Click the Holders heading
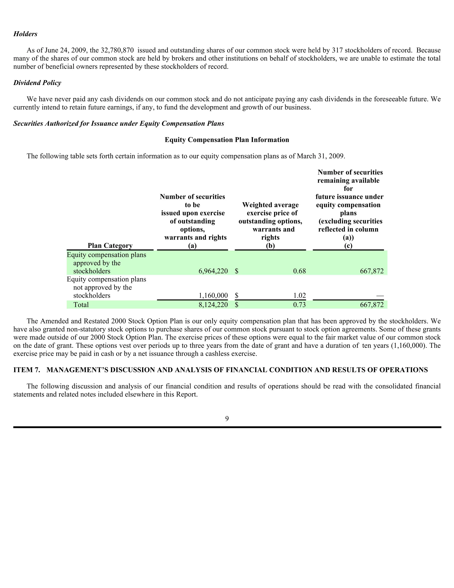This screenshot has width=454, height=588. (x=25, y=34)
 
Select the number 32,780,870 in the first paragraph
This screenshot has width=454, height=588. (x=117, y=50)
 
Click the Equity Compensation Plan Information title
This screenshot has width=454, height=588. (x=227, y=140)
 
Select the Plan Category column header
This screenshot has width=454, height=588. (x=110, y=246)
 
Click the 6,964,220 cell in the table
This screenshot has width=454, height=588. (x=213, y=271)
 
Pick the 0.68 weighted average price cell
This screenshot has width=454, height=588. (x=299, y=271)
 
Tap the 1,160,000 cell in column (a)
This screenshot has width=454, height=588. (x=213, y=296)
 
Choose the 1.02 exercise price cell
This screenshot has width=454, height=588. (x=299, y=296)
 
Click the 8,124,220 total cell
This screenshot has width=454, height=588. (x=213, y=305)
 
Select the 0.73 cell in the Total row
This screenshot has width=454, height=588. (x=299, y=305)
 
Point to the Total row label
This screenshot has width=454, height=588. (x=81, y=305)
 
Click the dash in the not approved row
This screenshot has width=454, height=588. (x=380, y=296)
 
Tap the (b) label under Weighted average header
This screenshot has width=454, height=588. (x=270, y=246)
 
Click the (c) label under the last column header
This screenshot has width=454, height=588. (x=348, y=246)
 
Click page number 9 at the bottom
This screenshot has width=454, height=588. (x=227, y=419)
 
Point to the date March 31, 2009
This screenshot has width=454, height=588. (x=320, y=156)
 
